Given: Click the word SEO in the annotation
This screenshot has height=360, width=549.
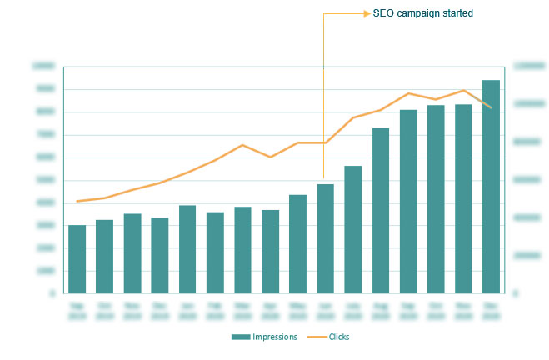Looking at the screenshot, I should click(x=382, y=13).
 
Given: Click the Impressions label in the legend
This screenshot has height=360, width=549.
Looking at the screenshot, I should click(x=275, y=336).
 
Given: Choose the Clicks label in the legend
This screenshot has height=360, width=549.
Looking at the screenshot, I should click(x=338, y=336).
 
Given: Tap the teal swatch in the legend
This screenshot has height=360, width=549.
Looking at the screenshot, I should click(x=241, y=336).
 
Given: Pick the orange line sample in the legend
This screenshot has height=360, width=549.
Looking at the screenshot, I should click(x=316, y=336).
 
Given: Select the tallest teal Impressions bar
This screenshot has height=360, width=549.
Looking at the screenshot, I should click(x=491, y=187).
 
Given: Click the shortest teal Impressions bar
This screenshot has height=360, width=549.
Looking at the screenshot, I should click(x=77, y=259).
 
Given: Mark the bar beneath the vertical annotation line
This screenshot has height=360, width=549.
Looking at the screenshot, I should click(x=325, y=238).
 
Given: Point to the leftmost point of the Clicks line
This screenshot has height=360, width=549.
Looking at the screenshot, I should click(x=77, y=201).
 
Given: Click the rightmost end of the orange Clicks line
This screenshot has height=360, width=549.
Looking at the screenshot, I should click(x=491, y=107).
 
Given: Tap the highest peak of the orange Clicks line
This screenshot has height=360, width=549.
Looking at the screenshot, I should click(x=463, y=90).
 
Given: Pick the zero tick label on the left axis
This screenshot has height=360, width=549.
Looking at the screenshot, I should click(x=53, y=293).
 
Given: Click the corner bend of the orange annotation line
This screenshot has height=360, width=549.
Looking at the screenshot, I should click(x=323, y=13).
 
